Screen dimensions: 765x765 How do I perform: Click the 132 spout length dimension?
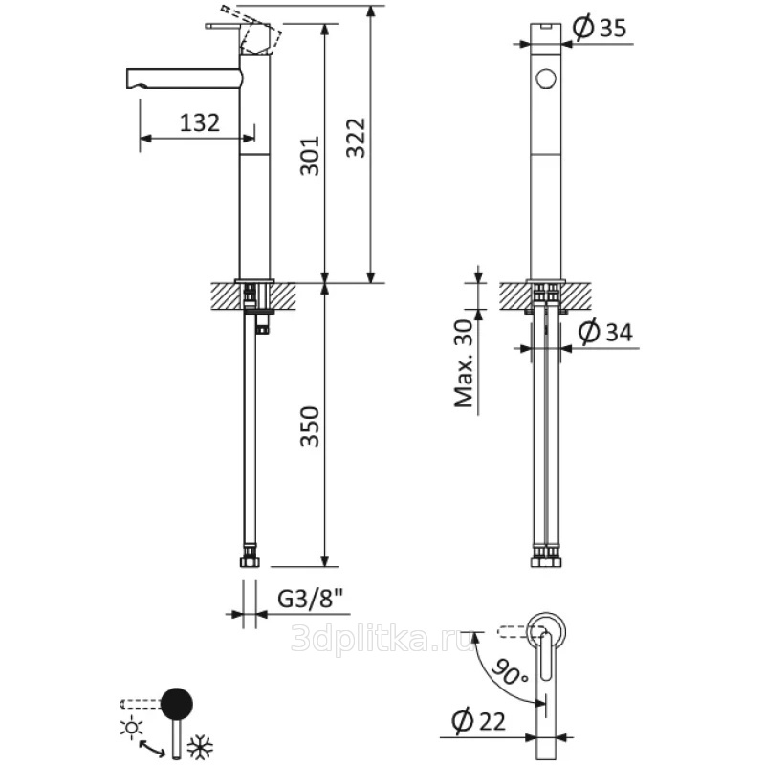tap(200, 123)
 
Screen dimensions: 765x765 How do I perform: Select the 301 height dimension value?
tap(309, 156)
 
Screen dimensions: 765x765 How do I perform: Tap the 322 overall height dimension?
tap(356, 138)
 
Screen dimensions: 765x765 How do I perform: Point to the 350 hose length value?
tap(309, 426)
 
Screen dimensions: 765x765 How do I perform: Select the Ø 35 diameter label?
tap(600, 29)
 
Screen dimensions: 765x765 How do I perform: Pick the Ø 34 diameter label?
tap(605, 332)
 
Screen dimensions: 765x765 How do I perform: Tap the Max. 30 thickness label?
tap(464, 363)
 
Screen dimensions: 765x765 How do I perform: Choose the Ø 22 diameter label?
tap(479, 721)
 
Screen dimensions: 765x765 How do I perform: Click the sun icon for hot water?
tap(132, 727)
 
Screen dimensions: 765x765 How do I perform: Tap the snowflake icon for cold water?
tap(200, 748)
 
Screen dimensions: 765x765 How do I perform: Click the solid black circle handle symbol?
tap(177, 703)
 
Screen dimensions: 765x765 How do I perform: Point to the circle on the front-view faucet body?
tap(545, 78)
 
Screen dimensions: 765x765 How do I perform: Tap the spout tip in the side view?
tap(128, 78)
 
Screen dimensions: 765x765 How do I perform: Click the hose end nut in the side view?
tap(250, 562)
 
